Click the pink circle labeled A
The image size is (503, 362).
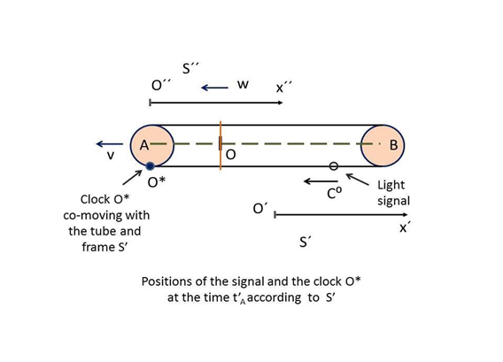click(152, 145)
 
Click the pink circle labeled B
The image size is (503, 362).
click(383, 145)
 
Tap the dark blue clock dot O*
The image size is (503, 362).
click(150, 166)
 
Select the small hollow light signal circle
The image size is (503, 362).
click(334, 166)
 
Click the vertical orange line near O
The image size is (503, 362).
click(221, 145)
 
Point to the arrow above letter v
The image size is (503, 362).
click(110, 144)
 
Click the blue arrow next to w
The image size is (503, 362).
click(214, 88)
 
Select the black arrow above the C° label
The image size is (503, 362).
click(321, 181)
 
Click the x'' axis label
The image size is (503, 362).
click(284, 87)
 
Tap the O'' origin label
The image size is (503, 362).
click(160, 85)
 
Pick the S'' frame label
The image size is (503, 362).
click(190, 68)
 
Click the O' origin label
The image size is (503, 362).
click(260, 208)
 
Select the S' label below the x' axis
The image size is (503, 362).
click(306, 242)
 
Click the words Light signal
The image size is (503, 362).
click(393, 193)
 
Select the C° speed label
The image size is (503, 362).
click(334, 193)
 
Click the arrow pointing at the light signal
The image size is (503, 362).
click(357, 180)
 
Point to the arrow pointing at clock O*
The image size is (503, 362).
click(132, 177)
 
